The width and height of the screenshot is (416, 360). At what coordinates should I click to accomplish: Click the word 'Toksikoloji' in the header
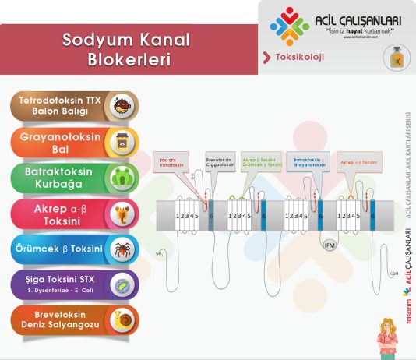300,57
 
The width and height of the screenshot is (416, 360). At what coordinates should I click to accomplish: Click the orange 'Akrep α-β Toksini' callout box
358,162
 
